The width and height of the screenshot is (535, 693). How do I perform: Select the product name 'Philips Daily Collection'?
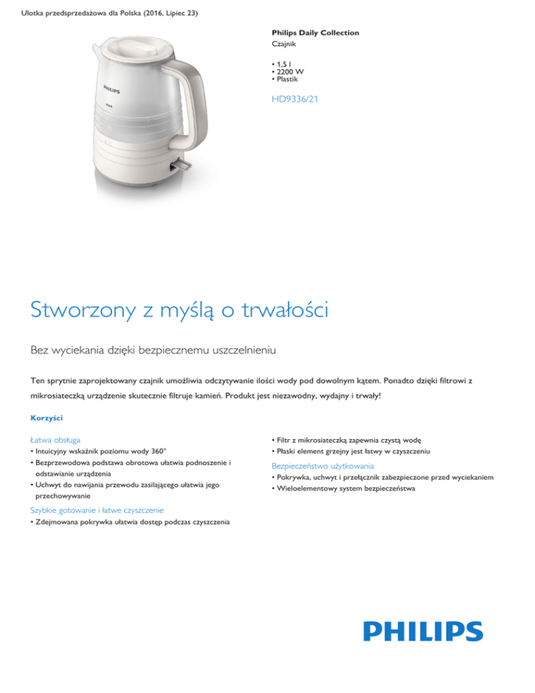[x=316, y=33]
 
